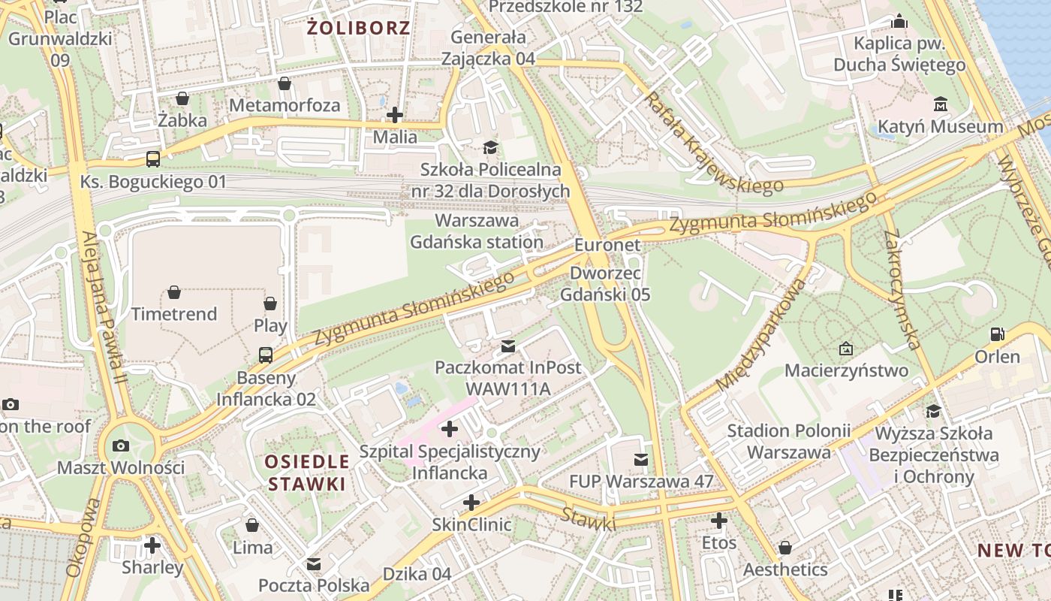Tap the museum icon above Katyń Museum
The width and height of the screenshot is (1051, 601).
click(940, 103)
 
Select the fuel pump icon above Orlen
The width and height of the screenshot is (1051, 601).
click(997, 334)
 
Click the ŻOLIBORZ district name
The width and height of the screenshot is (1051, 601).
click(360, 29)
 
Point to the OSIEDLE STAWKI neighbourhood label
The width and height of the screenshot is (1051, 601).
click(309, 473)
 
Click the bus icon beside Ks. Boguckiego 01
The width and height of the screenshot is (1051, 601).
click(153, 159)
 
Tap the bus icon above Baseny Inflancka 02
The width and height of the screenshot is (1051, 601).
click(266, 355)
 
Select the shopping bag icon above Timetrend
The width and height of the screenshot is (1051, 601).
click(174, 291)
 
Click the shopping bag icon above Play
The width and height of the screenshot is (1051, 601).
click(270, 304)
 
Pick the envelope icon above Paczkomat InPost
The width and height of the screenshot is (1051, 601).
click(508, 346)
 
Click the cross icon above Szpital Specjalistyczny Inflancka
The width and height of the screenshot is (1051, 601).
click(450, 429)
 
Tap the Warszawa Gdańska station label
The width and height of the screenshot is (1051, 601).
click(477, 231)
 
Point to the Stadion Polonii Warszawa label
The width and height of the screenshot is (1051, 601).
click(788, 442)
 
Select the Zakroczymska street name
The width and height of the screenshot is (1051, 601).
click(902, 289)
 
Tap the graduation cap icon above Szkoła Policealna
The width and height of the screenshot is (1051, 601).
click(490, 147)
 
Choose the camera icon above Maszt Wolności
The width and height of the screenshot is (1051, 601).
click(120, 445)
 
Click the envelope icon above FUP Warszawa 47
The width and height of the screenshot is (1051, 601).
click(640, 459)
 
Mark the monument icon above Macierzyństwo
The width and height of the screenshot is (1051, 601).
click(846, 349)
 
